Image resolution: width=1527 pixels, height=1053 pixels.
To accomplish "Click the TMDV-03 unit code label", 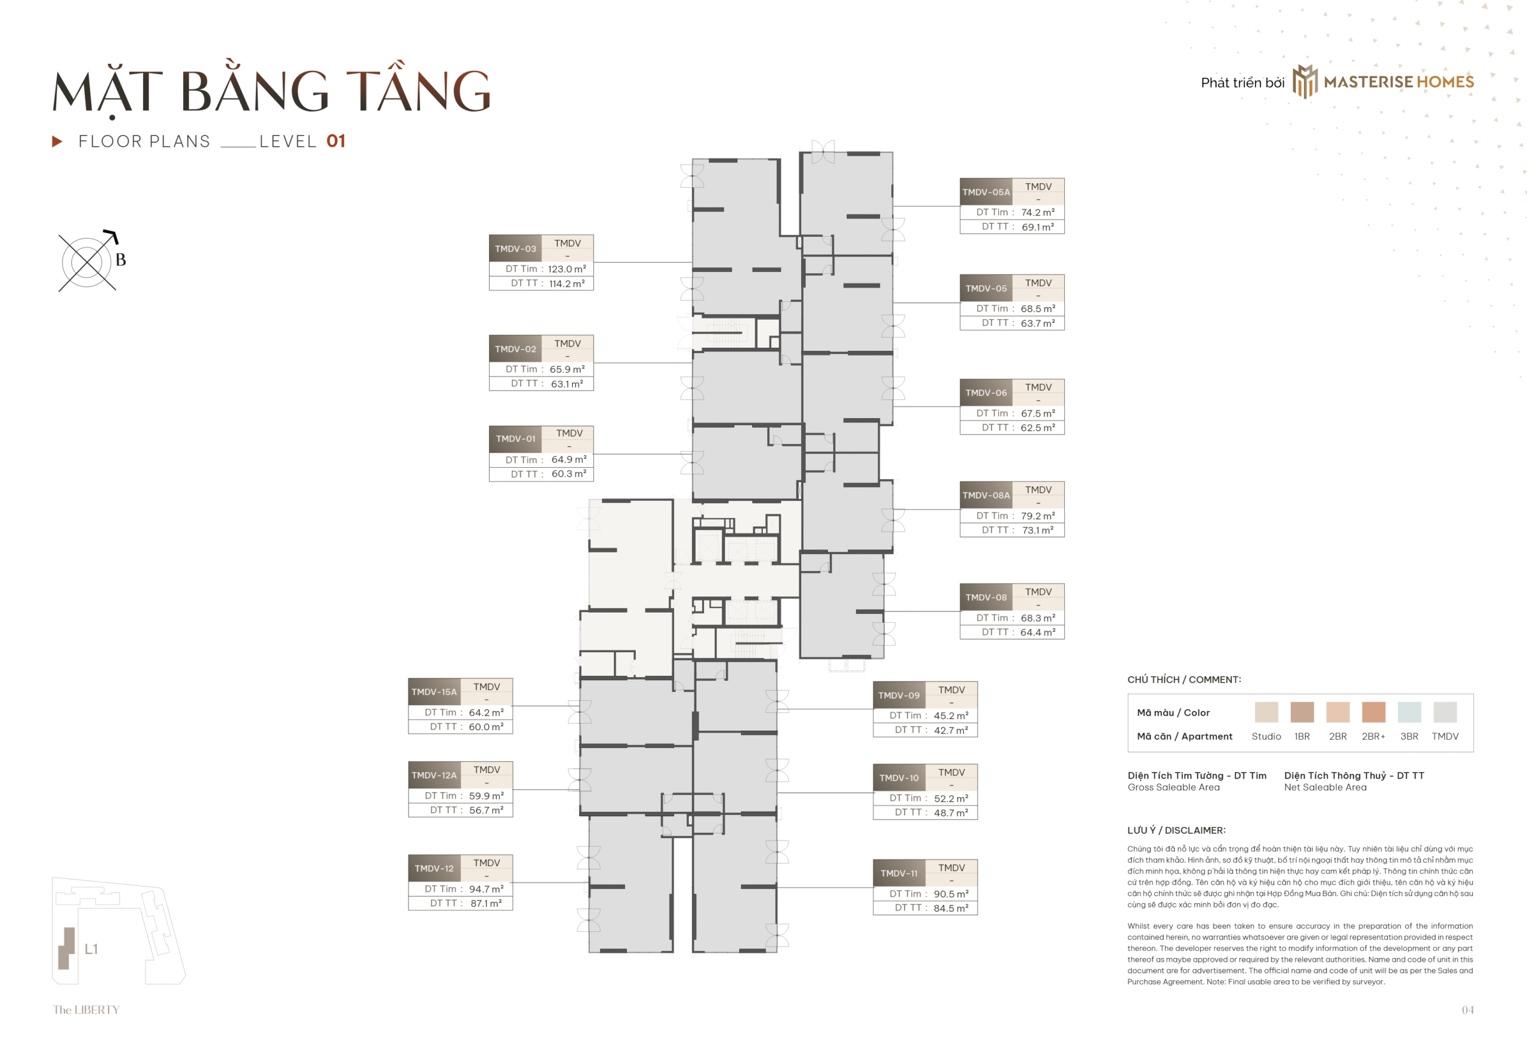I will (515, 249).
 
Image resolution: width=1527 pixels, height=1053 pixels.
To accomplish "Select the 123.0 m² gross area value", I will (566, 269).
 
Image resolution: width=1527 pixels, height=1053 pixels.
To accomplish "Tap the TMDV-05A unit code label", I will (985, 192).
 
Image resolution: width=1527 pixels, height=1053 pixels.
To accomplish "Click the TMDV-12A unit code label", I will (434, 775).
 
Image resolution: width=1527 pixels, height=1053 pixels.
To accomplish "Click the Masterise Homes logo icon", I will (1304, 82).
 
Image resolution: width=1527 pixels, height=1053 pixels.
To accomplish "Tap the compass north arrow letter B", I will (120, 260).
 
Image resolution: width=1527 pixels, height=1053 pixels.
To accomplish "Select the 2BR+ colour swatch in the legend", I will (1373, 712).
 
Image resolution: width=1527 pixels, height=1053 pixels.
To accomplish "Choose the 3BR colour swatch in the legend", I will (1409, 712).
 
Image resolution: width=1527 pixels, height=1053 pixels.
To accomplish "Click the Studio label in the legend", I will (1266, 736).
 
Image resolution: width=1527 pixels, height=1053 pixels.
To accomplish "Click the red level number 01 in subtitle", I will (336, 141).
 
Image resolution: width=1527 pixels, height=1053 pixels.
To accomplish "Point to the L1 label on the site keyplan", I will (91, 949).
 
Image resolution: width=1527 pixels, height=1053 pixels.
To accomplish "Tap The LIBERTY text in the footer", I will (86, 1010).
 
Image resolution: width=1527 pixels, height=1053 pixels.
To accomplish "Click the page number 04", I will (1467, 1010).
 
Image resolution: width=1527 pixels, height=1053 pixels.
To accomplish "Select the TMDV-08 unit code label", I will (985, 597).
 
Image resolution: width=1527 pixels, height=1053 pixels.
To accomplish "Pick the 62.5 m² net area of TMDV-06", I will (1037, 428).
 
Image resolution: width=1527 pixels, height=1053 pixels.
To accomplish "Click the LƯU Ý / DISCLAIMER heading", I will (1176, 830).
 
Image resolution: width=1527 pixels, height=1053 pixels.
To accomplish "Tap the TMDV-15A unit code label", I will (434, 692).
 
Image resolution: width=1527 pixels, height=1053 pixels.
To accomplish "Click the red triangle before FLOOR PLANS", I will (57, 141).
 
